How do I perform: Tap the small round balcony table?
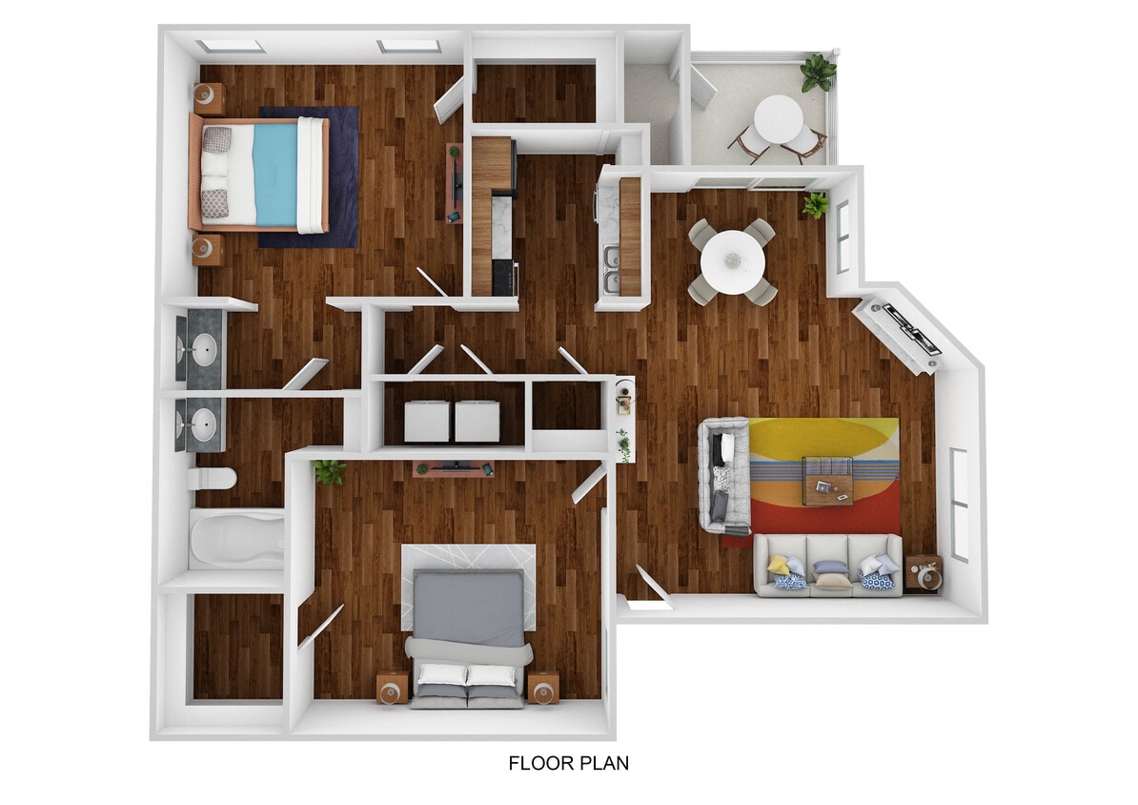(778, 119)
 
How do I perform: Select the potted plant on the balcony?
(818, 72)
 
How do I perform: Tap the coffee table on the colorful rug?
(826, 480)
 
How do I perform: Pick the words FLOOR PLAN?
(568, 763)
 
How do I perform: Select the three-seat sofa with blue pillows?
(827, 567)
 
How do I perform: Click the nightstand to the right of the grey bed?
(543, 688)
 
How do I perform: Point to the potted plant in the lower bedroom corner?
(330, 470)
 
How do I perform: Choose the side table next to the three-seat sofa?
(923, 573)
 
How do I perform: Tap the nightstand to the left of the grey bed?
(392, 688)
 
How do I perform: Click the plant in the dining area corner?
(816, 204)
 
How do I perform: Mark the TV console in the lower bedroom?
(454, 467)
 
